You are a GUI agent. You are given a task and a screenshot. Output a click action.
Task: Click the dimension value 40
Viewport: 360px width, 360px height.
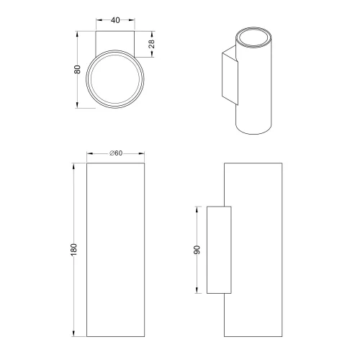[115, 21]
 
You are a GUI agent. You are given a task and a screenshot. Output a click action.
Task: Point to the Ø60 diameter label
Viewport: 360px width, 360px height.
[115, 153]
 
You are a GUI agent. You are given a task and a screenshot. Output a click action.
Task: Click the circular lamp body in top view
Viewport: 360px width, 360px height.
[115, 80]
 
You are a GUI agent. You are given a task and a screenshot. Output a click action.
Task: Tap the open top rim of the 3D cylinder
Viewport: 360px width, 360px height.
[252, 37]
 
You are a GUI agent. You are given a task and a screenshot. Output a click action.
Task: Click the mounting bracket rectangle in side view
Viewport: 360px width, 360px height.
[219, 250]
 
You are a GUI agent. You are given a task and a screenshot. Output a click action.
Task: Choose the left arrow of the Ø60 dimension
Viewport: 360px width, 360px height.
[89, 153]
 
